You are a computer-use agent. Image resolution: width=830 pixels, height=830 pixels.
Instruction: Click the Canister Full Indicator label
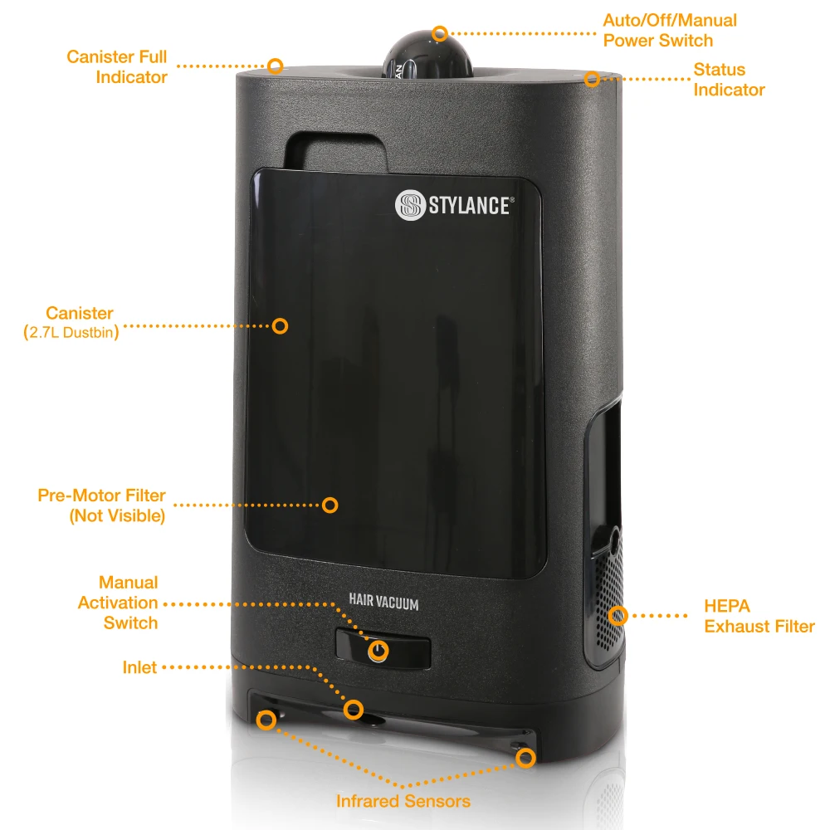click(117, 67)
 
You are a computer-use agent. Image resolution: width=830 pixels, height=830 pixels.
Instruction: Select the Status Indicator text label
click(730, 80)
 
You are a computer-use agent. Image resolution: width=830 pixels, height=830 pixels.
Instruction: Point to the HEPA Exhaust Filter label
click(759, 616)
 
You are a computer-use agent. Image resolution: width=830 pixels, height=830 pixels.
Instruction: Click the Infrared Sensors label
click(403, 801)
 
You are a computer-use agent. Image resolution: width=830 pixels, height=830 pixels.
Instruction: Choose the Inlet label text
click(139, 667)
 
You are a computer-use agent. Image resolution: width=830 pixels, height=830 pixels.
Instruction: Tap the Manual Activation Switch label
click(118, 603)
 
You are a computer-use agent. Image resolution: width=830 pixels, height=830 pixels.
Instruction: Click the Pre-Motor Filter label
click(101, 505)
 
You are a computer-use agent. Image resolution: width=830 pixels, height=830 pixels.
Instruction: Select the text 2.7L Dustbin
click(71, 334)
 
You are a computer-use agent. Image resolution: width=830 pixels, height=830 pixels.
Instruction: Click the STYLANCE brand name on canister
click(469, 206)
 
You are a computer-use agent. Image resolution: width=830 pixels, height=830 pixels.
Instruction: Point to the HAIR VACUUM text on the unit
click(383, 604)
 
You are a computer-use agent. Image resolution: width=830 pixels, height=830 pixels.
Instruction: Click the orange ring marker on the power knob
click(440, 34)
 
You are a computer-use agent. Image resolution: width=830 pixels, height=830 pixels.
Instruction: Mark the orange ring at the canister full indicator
click(276, 65)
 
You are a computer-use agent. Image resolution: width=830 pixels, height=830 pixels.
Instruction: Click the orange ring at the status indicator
click(592, 79)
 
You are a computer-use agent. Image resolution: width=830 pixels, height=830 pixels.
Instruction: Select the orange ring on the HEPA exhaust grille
click(617, 616)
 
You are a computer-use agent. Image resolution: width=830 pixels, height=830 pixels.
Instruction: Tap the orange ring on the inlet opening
click(354, 710)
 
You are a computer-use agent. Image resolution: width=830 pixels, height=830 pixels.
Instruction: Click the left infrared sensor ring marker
click(266, 720)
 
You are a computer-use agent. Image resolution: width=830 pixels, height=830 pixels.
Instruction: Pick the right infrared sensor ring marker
click(525, 757)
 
